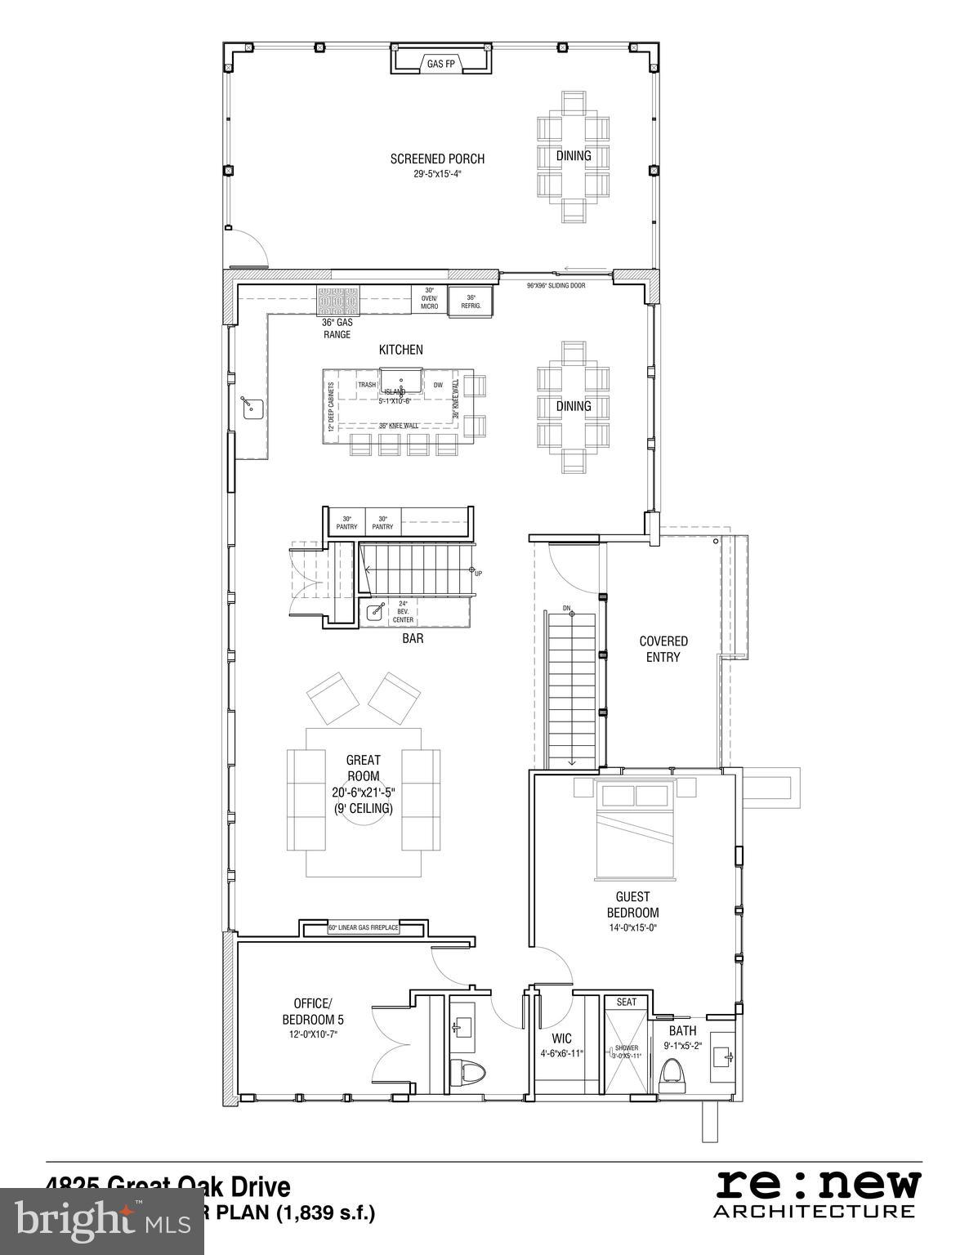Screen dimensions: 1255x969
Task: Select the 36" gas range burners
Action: tap(337, 301)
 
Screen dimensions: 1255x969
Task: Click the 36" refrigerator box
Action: tap(471, 301)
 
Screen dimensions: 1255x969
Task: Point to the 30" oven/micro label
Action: tap(429, 298)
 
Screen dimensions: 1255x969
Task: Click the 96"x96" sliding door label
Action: tap(556, 285)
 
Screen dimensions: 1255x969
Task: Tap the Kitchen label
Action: tap(400, 350)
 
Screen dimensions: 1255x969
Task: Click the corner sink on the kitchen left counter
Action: tap(251, 405)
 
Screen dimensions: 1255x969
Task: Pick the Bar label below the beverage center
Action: tap(413, 638)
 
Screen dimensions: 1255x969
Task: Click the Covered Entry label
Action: tap(663, 649)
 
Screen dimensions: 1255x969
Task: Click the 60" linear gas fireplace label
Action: tap(363, 928)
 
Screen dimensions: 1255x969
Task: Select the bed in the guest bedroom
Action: tap(635, 829)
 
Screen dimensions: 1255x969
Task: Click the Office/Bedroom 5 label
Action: tap(308, 1012)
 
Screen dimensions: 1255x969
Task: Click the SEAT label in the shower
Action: tap(627, 1002)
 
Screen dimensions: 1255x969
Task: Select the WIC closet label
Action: tap(561, 1039)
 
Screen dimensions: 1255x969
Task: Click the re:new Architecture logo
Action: tap(817, 1194)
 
